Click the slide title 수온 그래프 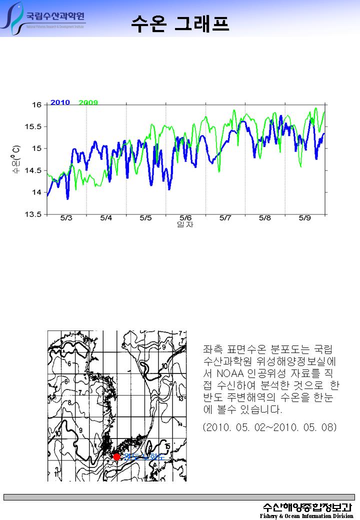pyautogui.click(x=180, y=22)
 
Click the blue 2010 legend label pyautogui.click(x=60, y=102)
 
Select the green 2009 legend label pyautogui.click(x=88, y=102)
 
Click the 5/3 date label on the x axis pyautogui.click(x=66, y=218)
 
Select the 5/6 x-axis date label pyautogui.click(x=185, y=218)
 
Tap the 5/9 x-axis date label pyautogui.click(x=304, y=218)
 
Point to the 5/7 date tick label pyautogui.click(x=225, y=218)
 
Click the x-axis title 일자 pyautogui.click(x=185, y=224)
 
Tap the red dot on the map pyautogui.click(x=116, y=456)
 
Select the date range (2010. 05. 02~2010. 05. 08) pyautogui.click(x=270, y=427)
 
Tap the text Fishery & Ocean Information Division pyautogui.click(x=306, y=516)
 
